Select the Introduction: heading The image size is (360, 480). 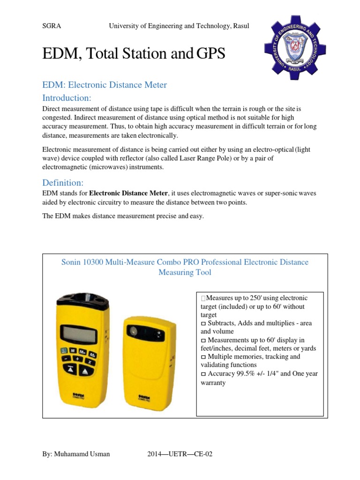67,98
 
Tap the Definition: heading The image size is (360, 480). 63,182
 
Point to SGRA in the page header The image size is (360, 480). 52,26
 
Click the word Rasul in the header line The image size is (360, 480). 240,26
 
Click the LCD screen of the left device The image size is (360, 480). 78,335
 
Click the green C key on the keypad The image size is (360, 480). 63,350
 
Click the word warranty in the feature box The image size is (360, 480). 213,382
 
